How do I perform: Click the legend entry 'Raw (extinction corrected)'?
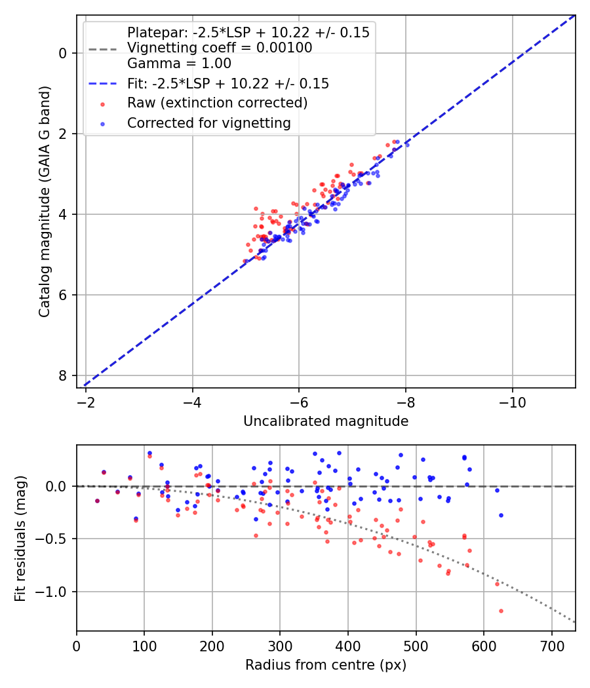click(217, 103)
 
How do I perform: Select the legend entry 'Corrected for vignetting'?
click(208, 123)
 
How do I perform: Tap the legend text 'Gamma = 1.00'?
click(179, 64)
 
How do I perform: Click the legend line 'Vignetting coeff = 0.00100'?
click(220, 48)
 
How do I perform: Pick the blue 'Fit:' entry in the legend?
click(227, 84)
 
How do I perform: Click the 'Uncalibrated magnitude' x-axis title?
click(326, 421)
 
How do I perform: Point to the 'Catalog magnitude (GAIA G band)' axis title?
click(45, 201)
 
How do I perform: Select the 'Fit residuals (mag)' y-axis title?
click(20, 538)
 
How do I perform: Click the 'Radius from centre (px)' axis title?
click(326, 665)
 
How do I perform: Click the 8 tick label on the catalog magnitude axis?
click(64, 375)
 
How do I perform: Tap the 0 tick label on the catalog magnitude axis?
click(64, 53)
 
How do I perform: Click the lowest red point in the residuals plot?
click(501, 611)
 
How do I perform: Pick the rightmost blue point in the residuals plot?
click(501, 515)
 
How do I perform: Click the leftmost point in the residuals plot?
click(97, 501)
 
